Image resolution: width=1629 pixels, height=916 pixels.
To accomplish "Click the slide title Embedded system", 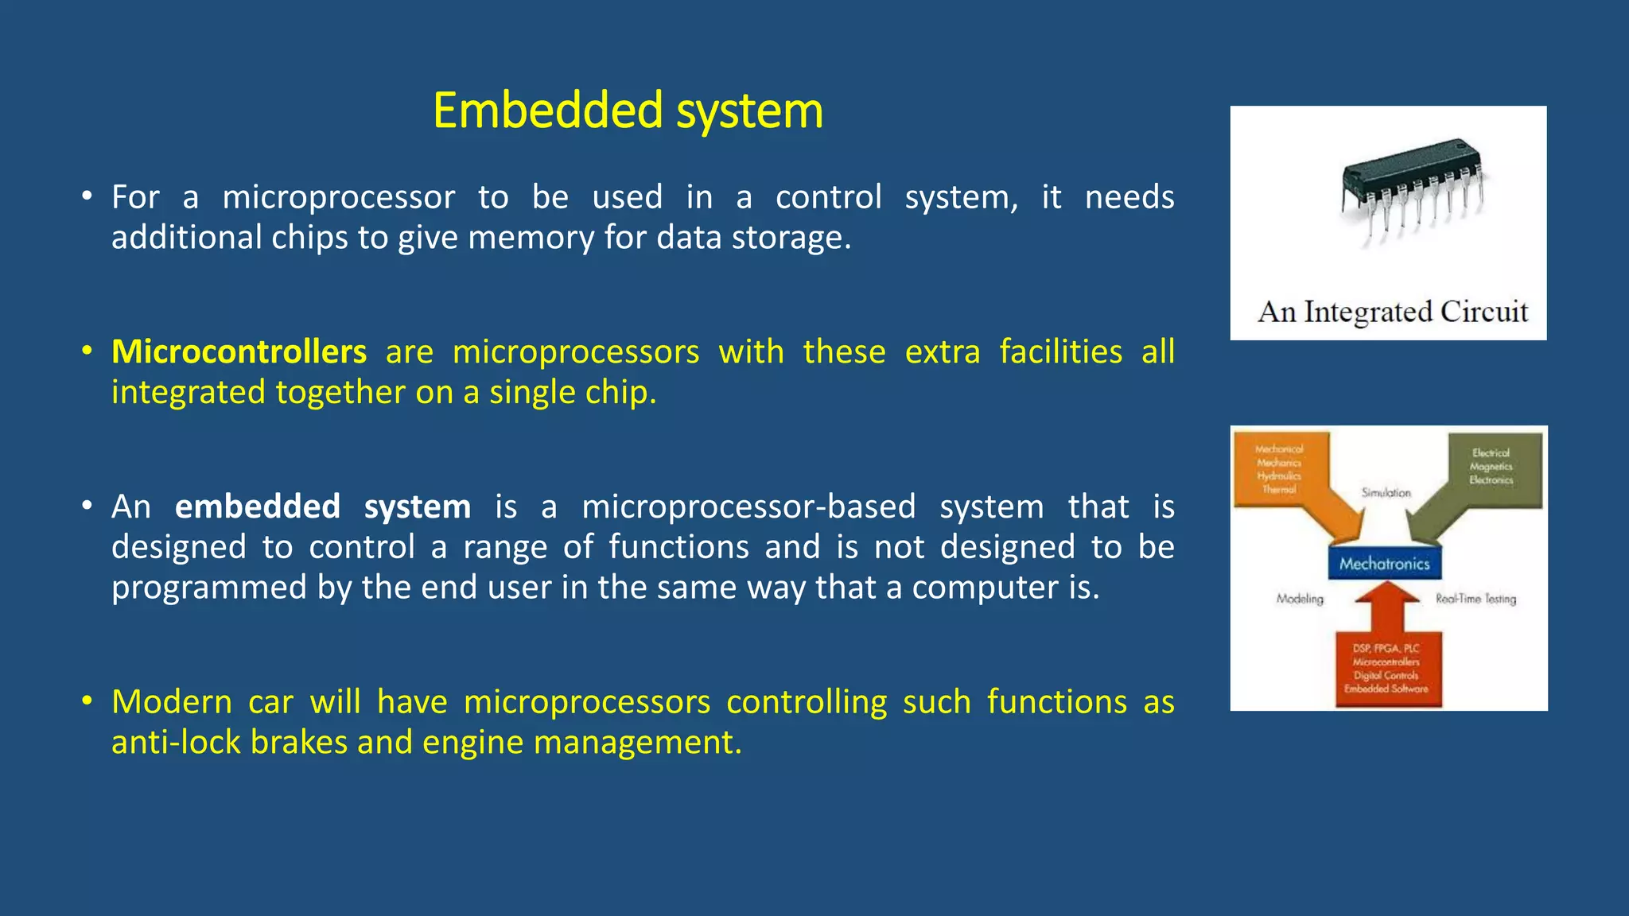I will click(628, 111).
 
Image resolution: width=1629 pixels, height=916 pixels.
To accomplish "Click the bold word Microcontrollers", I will click(239, 351).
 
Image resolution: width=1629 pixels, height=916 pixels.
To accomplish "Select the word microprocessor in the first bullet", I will click(338, 197).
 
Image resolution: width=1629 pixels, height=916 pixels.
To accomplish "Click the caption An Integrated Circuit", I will click(1392, 311).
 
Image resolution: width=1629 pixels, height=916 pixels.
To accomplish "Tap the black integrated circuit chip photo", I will click(1412, 187).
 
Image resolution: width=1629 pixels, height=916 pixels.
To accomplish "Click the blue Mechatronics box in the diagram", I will click(1384, 564).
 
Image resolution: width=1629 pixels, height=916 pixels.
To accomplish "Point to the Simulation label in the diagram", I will click(1386, 493).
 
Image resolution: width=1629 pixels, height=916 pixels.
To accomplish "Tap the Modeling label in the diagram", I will click(1300, 599).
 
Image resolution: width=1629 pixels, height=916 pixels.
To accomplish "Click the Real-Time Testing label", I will click(1475, 599).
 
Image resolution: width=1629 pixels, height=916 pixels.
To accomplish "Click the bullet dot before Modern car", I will click(87, 701).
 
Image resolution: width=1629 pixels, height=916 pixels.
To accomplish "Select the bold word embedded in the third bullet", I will click(257, 507).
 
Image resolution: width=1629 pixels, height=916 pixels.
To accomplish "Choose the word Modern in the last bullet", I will click(171, 702).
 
